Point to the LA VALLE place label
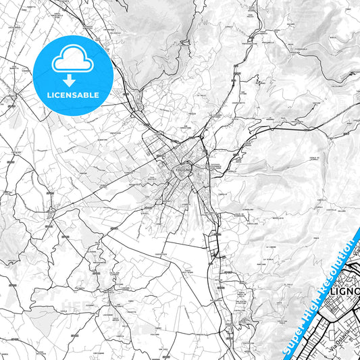(199, 96)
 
